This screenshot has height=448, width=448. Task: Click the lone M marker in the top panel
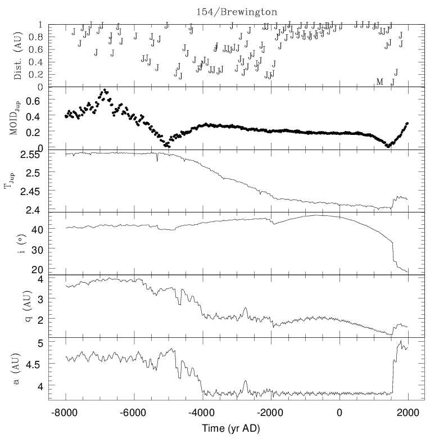379,82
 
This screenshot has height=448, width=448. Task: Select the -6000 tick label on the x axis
134,413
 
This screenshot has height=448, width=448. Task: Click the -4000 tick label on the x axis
202,413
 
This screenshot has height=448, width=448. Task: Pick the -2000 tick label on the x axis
271,413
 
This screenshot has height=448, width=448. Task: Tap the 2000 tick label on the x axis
408,413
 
